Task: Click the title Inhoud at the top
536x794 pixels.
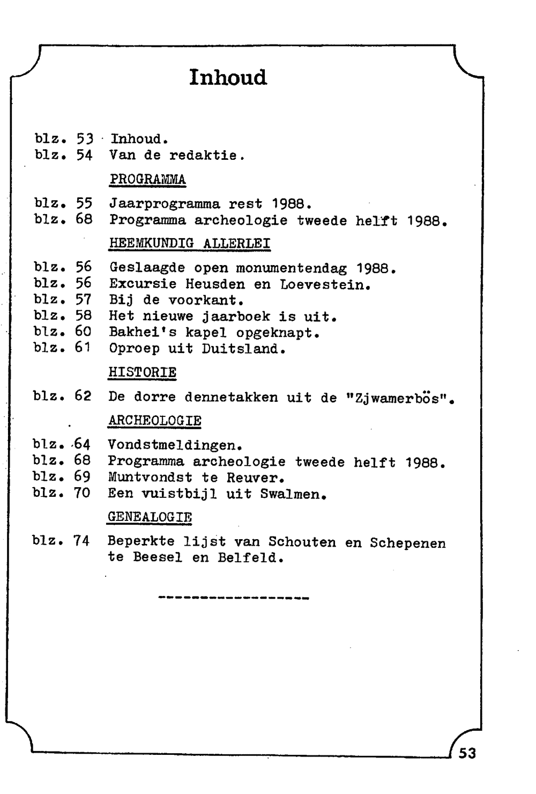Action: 228,77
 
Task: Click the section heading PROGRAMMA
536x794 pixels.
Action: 147,179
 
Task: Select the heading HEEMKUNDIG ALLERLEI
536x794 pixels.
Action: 190,243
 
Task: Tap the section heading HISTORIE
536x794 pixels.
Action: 143,372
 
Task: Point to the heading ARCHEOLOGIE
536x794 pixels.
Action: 154,421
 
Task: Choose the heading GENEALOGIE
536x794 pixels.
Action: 150,517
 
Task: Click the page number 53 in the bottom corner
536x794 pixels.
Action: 467,753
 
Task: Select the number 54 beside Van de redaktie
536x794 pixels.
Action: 84,155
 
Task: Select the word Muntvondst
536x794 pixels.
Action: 150,477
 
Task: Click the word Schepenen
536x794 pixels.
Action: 407,542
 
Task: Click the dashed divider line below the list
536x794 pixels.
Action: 234,598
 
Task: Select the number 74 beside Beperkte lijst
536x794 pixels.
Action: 81,541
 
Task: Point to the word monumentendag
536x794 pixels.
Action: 292,268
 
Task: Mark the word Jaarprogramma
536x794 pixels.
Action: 165,204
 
